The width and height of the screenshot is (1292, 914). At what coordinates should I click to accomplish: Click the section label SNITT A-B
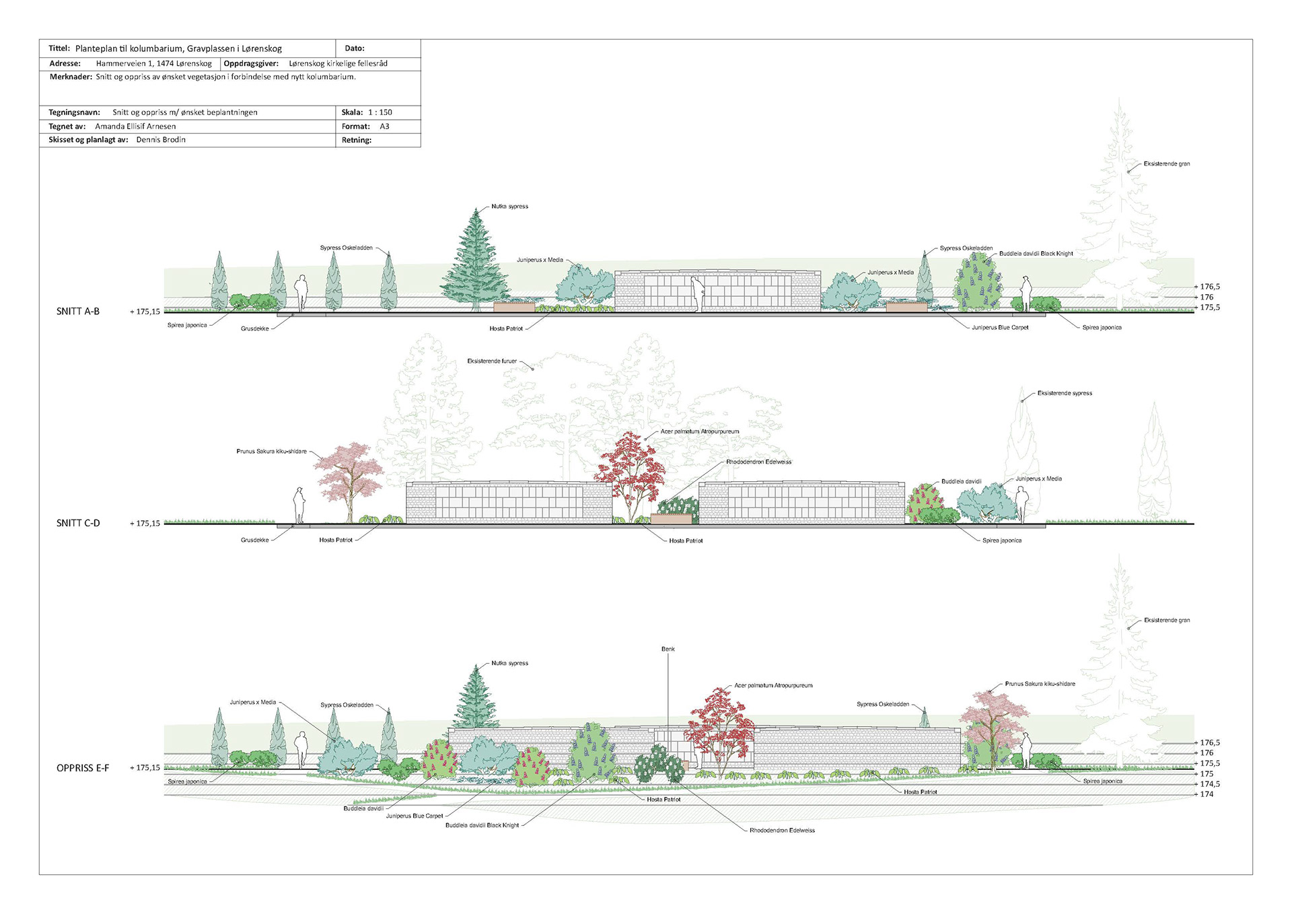pyautogui.click(x=78, y=312)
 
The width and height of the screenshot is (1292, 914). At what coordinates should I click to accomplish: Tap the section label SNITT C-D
pyautogui.click(x=78, y=523)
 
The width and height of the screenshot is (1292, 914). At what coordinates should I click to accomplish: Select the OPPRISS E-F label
pyautogui.click(x=83, y=768)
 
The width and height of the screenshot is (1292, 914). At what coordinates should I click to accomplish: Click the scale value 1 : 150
pyautogui.click(x=380, y=112)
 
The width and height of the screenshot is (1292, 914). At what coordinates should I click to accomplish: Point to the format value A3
pyautogui.click(x=384, y=127)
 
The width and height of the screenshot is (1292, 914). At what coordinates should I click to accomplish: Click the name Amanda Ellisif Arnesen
pyautogui.click(x=135, y=127)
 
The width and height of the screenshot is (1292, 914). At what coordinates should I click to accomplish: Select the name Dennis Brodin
pyautogui.click(x=161, y=140)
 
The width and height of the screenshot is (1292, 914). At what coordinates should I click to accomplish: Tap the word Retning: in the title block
pyautogui.click(x=357, y=140)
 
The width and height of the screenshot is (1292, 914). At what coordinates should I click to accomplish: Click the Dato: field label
pyautogui.click(x=355, y=48)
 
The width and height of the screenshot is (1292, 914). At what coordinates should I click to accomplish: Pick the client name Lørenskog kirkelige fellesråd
pyautogui.click(x=338, y=64)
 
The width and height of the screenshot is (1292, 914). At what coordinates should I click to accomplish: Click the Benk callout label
pyautogui.click(x=668, y=649)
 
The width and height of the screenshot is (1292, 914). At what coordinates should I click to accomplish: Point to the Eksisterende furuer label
pyautogui.click(x=492, y=361)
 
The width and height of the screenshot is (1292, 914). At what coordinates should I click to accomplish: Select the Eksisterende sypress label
pyautogui.click(x=1065, y=393)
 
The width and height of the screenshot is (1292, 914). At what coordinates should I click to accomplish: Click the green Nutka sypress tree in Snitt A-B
pyautogui.click(x=476, y=259)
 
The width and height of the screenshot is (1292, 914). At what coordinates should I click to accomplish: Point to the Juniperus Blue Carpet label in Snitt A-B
pyautogui.click(x=1000, y=328)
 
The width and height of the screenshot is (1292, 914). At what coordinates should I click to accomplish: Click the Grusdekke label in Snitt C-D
pyautogui.click(x=255, y=540)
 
